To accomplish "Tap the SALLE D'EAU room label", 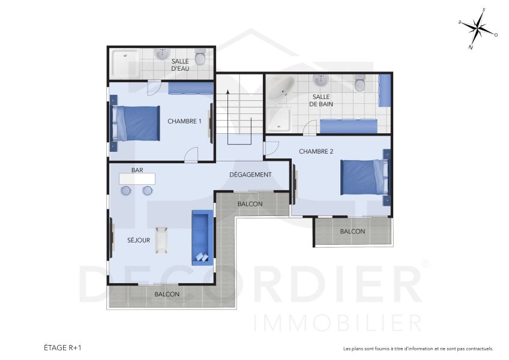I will click(x=180, y=65).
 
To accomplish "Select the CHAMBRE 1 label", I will click(x=184, y=121).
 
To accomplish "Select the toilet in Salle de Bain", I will click(x=360, y=83).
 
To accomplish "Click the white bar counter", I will click(x=137, y=179).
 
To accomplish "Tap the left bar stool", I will click(x=126, y=191).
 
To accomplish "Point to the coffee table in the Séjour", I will click(x=162, y=241).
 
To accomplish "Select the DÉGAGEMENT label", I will click(x=250, y=175).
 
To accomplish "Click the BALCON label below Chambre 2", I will click(x=352, y=232).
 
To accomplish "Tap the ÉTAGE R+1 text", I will click(x=63, y=347).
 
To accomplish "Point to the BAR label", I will click(x=137, y=170).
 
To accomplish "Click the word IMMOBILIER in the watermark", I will click(x=338, y=322).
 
